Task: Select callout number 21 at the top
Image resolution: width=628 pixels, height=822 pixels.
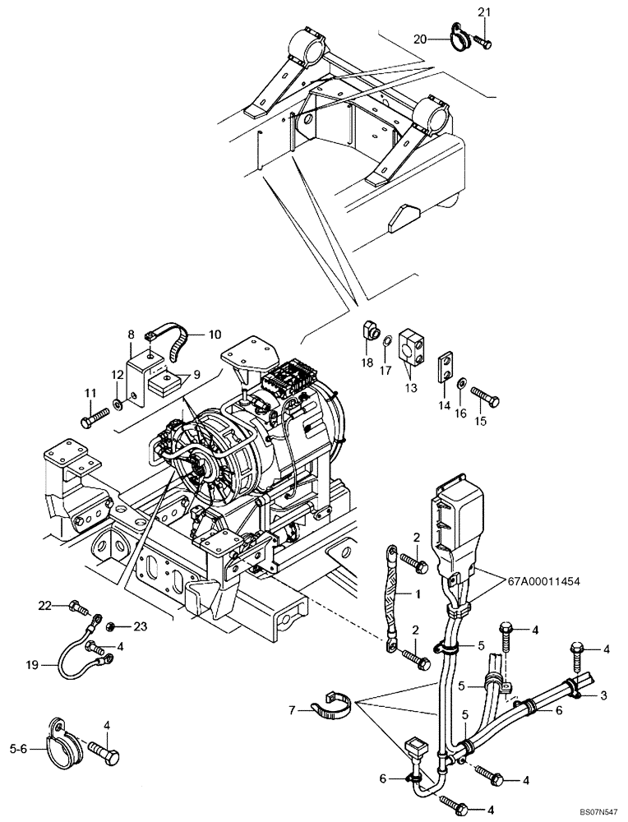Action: tap(483, 12)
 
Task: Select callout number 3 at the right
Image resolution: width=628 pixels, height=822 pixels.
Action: tap(604, 696)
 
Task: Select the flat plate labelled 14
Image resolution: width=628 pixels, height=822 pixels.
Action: tap(445, 367)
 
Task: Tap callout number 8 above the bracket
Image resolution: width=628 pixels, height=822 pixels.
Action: tap(130, 334)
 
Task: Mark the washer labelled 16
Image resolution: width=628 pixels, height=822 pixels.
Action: tap(464, 383)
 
